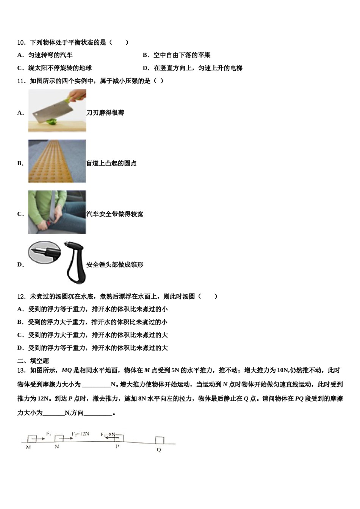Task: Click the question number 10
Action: [21, 42]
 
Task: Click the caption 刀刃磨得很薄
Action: [105, 113]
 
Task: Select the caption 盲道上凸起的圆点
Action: [111, 164]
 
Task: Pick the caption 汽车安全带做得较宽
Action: [115, 214]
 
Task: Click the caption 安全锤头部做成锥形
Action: [115, 265]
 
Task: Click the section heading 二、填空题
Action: [33, 361]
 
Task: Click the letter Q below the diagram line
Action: [159, 450]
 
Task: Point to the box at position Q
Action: [160, 440]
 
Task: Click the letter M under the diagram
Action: [28, 447]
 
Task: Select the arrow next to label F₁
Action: [40, 439]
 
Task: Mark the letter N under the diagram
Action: [57, 447]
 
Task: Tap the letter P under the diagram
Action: [117, 447]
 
